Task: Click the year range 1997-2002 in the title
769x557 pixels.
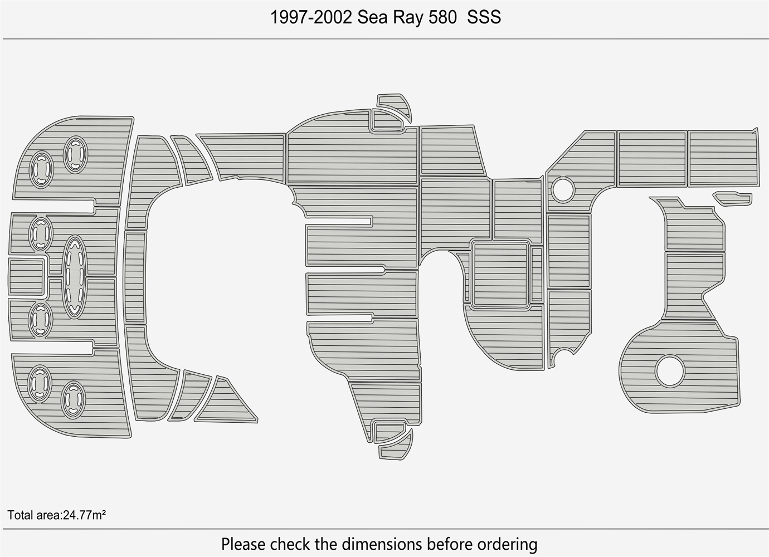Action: click(312, 17)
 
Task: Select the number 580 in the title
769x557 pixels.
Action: click(442, 17)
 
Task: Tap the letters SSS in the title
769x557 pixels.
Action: click(484, 17)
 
